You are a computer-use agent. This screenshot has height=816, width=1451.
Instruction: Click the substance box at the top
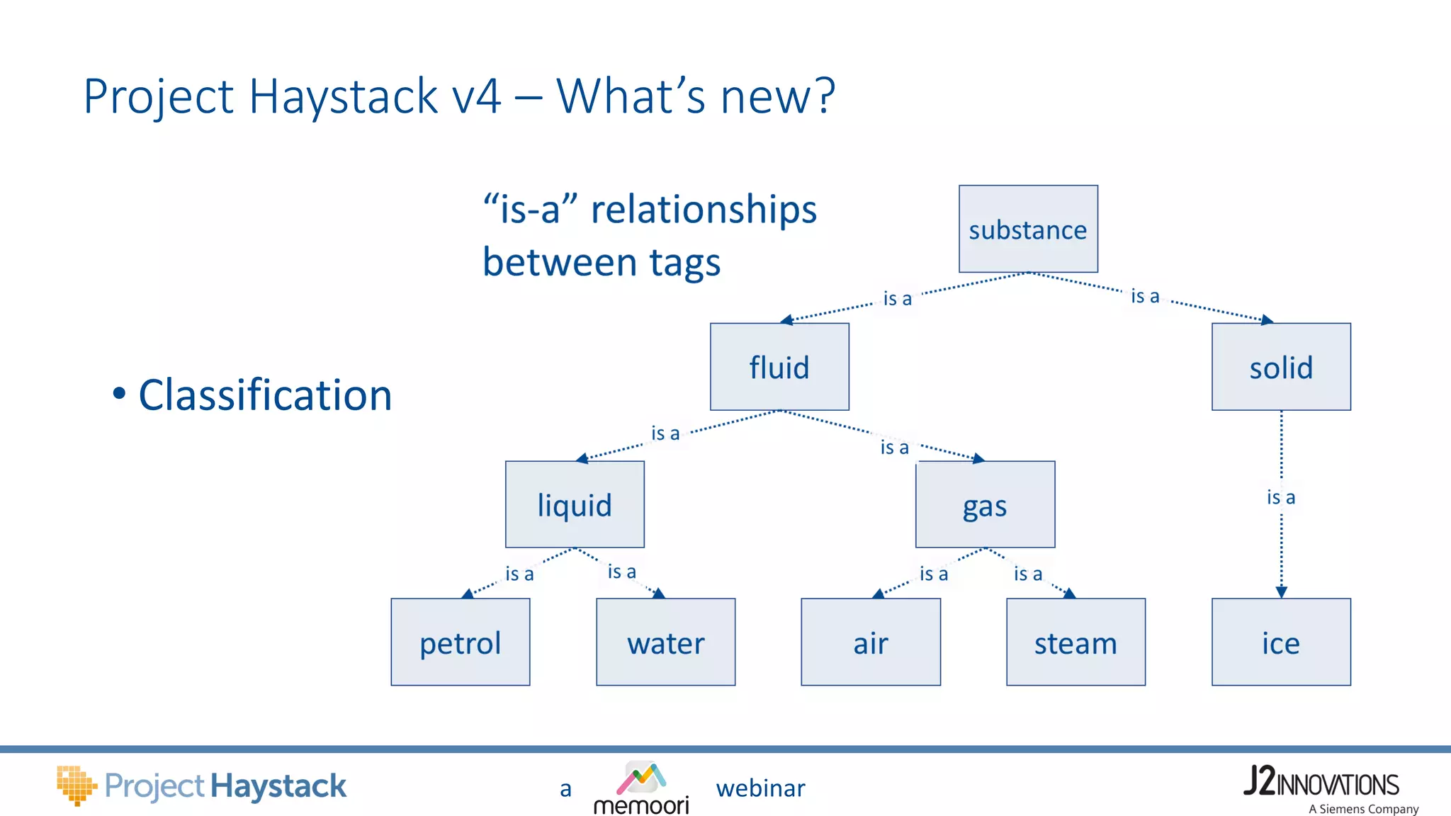coord(1028,229)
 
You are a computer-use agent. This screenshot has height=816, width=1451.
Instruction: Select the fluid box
coord(779,367)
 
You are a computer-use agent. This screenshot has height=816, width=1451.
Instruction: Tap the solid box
coord(1281,367)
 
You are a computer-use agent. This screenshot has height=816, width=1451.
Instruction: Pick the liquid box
coord(575,504)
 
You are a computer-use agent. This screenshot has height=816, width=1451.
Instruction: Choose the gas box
coord(985,504)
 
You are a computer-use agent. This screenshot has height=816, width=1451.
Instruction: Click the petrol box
coord(461,642)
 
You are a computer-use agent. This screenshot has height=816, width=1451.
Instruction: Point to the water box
coord(665,642)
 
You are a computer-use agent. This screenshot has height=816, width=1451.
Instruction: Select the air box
coord(871,642)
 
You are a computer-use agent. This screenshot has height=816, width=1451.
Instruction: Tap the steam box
coord(1075,642)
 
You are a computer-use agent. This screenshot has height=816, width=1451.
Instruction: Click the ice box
coord(1281,642)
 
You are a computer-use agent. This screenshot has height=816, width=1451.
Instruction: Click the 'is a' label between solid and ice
coord(1281,497)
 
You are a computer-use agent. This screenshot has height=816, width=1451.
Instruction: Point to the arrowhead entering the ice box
coord(1281,592)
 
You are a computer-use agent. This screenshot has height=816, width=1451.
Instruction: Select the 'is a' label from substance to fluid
coord(897,298)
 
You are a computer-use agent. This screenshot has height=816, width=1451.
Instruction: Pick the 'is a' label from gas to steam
coord(1027,574)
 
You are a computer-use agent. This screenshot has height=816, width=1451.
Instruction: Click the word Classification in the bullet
coord(265,395)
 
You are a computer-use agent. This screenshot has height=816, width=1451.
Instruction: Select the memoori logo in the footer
coord(641,788)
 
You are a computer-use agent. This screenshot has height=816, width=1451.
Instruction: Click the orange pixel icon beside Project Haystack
coord(76,785)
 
